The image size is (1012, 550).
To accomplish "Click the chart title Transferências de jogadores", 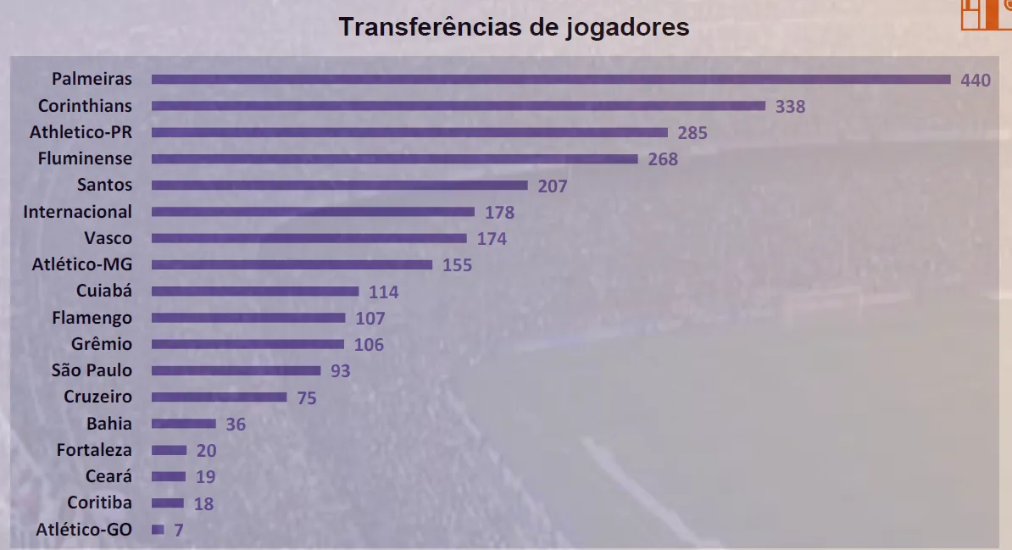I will tap(514, 27).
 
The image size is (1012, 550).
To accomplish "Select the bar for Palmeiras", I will tap(551, 80).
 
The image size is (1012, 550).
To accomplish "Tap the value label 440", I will tap(976, 81).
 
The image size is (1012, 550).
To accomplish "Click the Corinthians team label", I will tap(85, 106).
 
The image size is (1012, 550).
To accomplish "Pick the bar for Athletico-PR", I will tap(410, 132).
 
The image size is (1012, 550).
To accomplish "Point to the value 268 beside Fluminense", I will tap(663, 159).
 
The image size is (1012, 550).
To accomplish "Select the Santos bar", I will tap(339, 186).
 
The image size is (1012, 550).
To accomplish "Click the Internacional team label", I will tap(78, 212).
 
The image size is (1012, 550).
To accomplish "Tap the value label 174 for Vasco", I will tap(492, 239).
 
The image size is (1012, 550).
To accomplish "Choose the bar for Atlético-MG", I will tap(292, 264).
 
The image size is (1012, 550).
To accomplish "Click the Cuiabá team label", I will tap(104, 292).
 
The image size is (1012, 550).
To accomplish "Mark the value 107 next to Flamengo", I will tap(370, 319).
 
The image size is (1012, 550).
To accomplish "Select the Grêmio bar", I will tap(247, 344).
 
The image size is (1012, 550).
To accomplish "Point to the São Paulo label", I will tap(92, 370).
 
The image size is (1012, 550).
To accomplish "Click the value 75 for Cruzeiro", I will tap(307, 397).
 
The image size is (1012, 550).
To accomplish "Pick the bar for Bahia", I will tap(184, 424).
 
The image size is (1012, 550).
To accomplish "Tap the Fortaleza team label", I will tap(94, 450).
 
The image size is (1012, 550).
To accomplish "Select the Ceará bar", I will tap(169, 476).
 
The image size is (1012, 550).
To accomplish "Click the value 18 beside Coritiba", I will tap(203, 504).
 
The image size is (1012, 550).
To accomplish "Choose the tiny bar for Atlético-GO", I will tap(158, 530).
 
